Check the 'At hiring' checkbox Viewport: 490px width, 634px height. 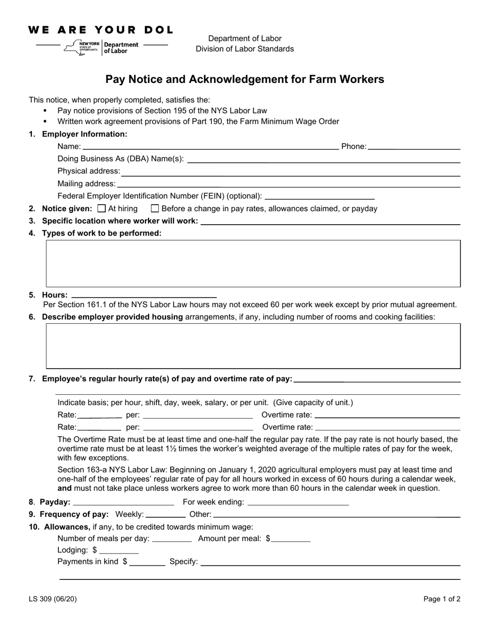[102, 209]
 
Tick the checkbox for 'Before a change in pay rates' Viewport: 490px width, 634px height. [155, 209]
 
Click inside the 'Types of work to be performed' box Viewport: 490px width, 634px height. [253, 263]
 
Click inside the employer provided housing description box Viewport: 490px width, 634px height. [253, 346]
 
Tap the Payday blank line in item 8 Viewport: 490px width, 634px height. [124, 503]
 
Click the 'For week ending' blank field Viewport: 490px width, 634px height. [298, 503]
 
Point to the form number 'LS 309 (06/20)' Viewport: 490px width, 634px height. [53, 599]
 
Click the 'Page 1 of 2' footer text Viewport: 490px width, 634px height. [442, 599]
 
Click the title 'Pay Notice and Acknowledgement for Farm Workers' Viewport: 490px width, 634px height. [244, 79]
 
